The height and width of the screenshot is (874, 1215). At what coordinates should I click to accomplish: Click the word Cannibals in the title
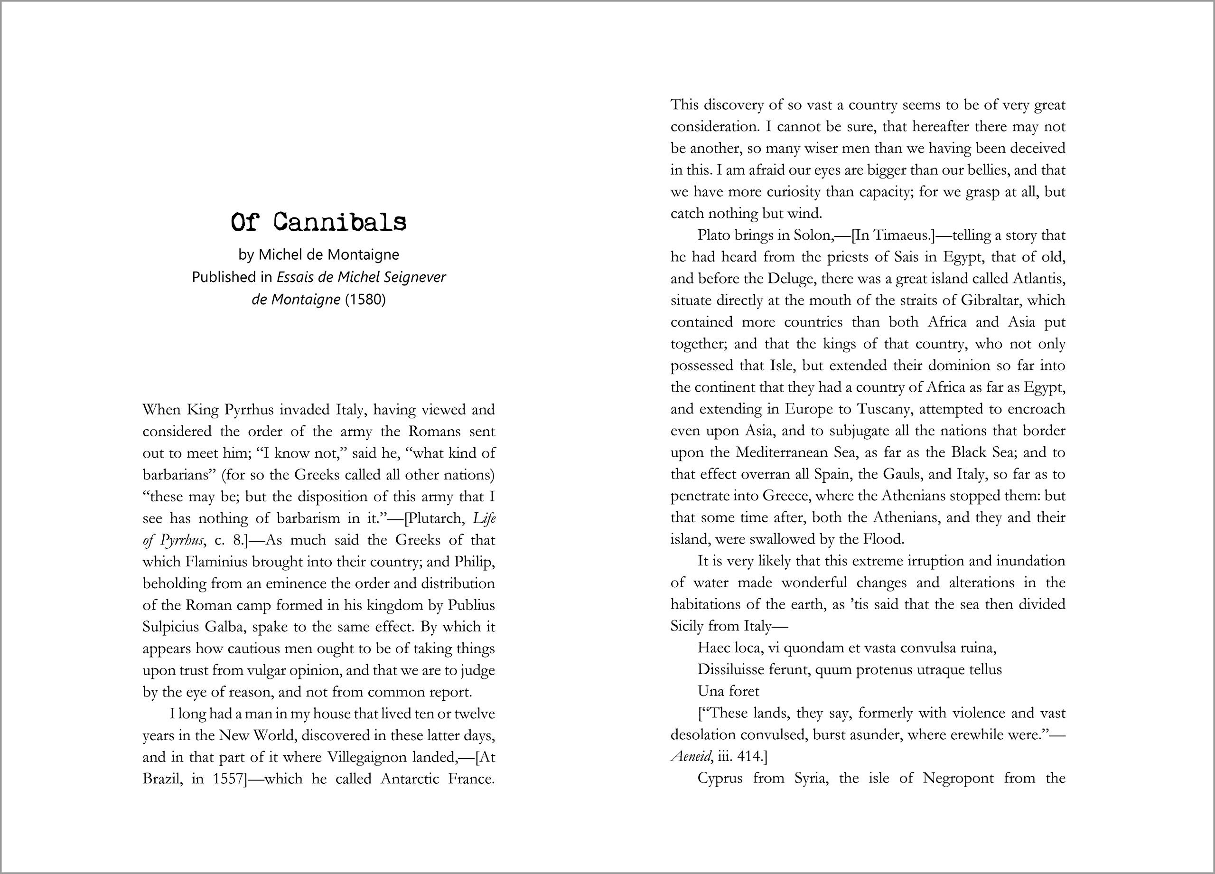[x=340, y=222]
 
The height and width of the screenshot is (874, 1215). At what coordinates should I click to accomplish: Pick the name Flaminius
[x=216, y=562]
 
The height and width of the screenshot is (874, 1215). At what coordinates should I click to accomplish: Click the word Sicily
[x=687, y=626]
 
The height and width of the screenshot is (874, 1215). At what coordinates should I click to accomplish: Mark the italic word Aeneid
[x=691, y=757]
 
